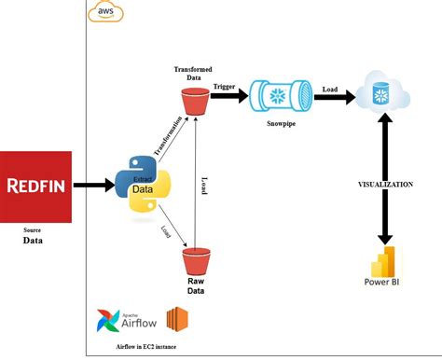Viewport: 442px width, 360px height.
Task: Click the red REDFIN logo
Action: click(35, 185)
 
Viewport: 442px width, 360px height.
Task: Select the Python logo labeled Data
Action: click(141, 185)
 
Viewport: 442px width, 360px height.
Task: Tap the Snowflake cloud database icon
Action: click(380, 93)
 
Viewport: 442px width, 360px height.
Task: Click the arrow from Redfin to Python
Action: click(92, 185)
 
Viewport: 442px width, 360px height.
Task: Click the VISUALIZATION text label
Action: click(386, 185)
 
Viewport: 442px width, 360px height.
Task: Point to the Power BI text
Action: click(383, 284)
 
